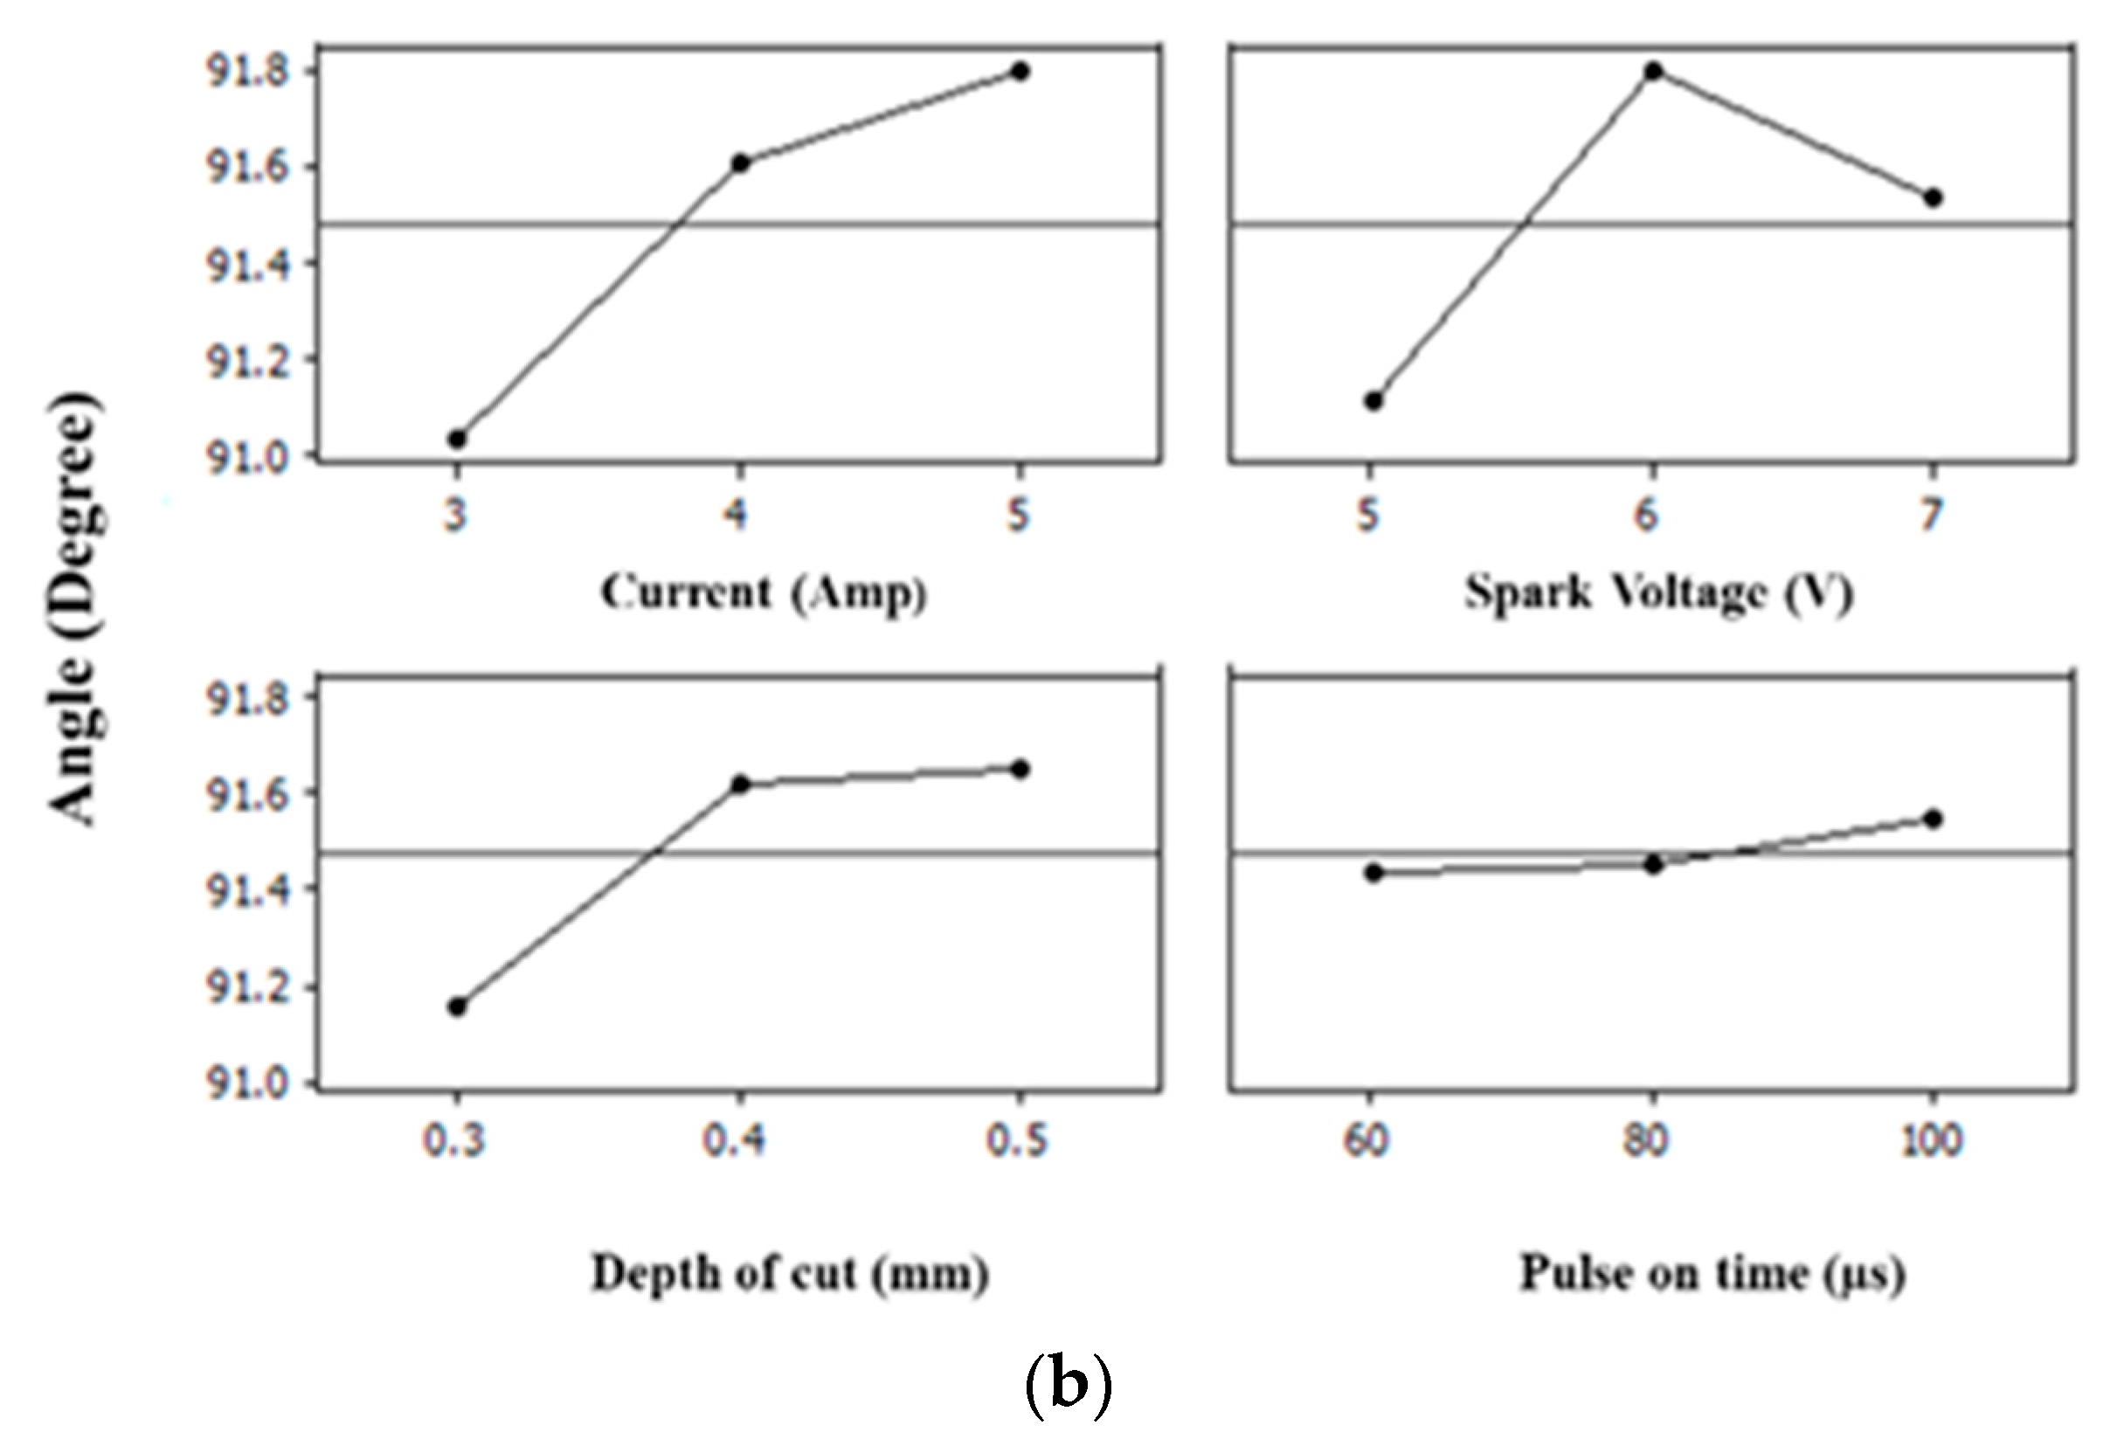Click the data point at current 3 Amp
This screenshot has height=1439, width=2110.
click(458, 439)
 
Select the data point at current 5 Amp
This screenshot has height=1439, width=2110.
click(1020, 71)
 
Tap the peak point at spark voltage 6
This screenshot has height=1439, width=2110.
click(1653, 71)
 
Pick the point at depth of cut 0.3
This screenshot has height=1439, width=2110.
click(458, 1007)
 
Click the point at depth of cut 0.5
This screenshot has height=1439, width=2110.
click(1020, 770)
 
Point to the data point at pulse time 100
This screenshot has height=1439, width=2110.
click(1933, 819)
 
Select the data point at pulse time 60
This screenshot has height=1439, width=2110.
click(1373, 874)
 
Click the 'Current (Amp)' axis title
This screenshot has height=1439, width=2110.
click(763, 593)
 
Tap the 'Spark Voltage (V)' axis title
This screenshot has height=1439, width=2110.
click(1659, 593)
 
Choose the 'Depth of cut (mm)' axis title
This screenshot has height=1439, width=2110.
click(790, 1274)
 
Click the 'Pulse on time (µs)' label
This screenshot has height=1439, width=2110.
click(1712, 1274)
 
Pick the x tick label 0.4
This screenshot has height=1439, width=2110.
click(734, 1140)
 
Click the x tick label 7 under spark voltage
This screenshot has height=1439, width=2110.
click(1931, 515)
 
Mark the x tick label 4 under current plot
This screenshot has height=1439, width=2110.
click(736, 515)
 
